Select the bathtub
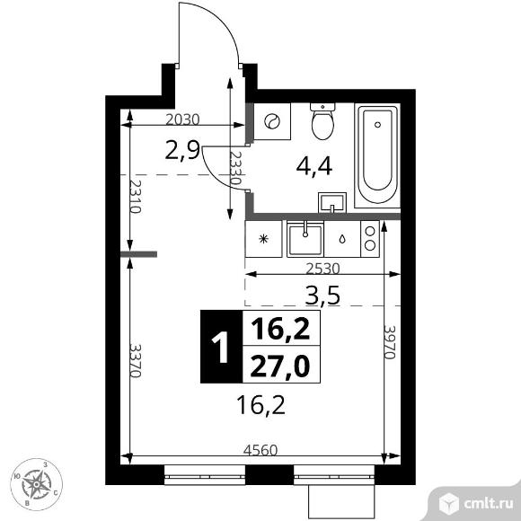pos(377,155)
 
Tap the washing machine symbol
pos(272,121)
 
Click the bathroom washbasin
pos(332,202)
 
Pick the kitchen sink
pos(305,239)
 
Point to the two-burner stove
pos(370,239)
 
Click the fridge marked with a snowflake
pos(263,239)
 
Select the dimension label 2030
pos(182,119)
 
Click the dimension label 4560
pos(260,450)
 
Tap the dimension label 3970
pos(390,342)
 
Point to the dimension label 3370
pos(136,360)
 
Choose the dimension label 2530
pos(322,269)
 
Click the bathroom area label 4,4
pos(314,166)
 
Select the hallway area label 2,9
pos(182,150)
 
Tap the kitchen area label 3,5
pos(322,296)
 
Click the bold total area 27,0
pos(280,366)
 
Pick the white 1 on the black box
pos(220,347)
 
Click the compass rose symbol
pos(36,484)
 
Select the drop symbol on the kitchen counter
pos(342,239)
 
